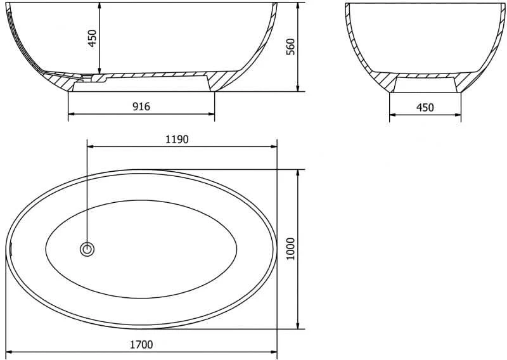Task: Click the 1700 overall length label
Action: (141, 345)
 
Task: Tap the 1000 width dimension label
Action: (291, 248)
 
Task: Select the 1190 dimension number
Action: (177, 139)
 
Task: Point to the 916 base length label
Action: (141, 106)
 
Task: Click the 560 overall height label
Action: (291, 46)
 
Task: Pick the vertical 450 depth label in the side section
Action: (93, 38)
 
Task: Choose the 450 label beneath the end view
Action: (425, 107)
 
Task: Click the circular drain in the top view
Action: (87, 249)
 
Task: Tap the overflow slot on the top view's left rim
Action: (11, 248)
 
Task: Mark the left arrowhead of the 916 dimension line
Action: (72, 114)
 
